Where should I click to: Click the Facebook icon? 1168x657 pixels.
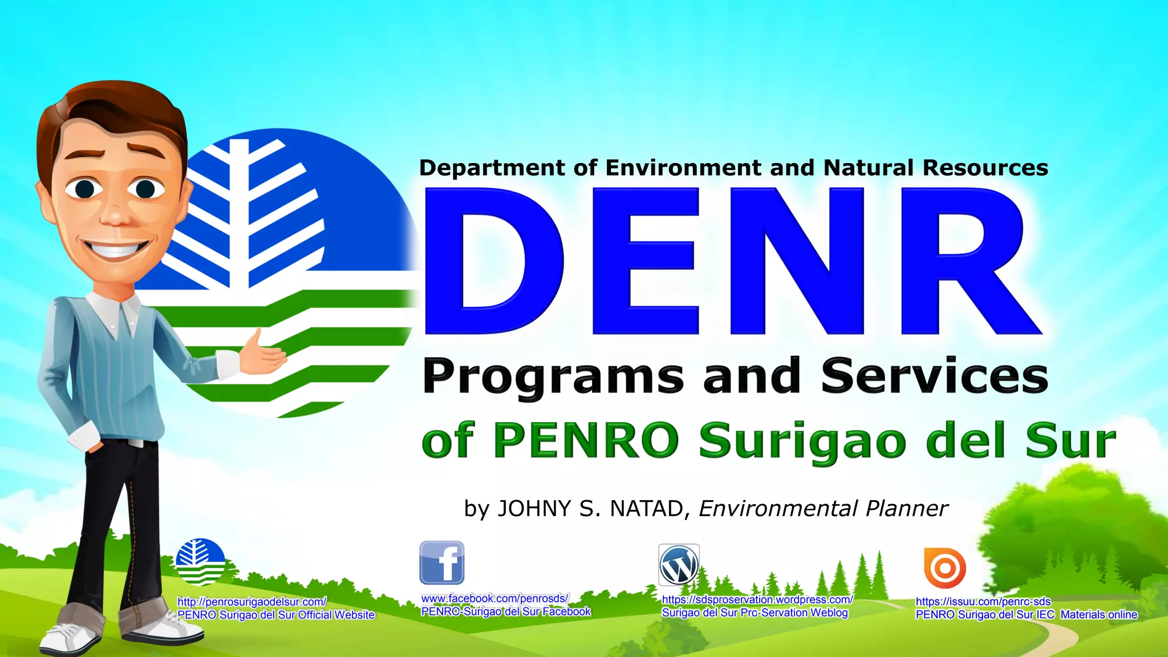pos(442,563)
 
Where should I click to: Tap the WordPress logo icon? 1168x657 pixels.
pos(679,565)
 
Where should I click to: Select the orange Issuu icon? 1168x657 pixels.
pos(945,568)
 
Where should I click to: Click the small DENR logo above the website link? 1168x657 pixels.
pos(200,562)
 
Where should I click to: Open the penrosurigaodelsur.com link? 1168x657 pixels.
pos(252,602)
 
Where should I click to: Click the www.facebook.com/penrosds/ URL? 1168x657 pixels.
pos(494,598)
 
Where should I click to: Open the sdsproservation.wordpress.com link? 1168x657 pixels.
pos(757,599)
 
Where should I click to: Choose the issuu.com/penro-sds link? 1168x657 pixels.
pos(983,601)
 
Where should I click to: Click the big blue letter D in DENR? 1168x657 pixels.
pos(493,261)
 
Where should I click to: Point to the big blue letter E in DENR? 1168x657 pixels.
pos(644,261)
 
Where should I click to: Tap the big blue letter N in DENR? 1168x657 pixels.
pos(797,261)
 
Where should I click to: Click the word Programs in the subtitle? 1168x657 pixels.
pos(552,376)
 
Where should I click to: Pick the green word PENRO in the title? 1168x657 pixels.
pos(586,440)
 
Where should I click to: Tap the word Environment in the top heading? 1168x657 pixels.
pos(683,168)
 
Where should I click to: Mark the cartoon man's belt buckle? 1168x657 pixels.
pos(135,443)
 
